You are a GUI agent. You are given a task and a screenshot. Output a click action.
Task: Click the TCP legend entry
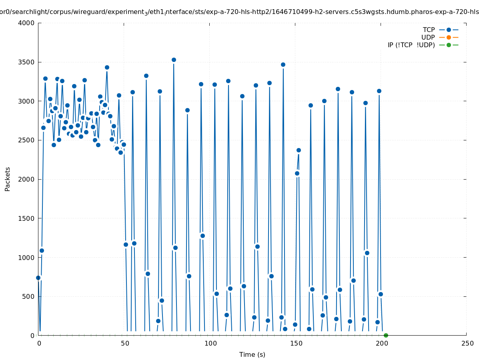tap(429, 30)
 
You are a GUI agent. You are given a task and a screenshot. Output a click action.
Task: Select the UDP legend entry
tap(428, 37)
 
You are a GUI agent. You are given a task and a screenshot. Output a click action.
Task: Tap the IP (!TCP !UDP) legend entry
tap(411, 45)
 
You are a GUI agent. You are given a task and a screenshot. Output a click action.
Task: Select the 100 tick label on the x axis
tap(210, 343)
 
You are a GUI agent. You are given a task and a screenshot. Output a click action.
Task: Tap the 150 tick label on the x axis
tap(296, 343)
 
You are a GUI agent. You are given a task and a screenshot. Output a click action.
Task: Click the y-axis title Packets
tap(8, 179)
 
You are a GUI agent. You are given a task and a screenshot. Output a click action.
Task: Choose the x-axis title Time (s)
tap(252, 354)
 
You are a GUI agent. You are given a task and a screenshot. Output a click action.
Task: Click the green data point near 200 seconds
tap(386, 335)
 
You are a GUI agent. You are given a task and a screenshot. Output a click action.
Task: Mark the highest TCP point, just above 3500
tap(174, 60)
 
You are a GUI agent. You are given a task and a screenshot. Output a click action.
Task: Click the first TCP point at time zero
tap(38, 278)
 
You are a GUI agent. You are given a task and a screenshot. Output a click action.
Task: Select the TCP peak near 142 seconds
tap(283, 64)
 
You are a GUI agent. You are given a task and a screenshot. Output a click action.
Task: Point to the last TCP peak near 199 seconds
tap(379, 91)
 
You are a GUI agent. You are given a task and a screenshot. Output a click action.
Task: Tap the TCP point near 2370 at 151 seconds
tap(299, 150)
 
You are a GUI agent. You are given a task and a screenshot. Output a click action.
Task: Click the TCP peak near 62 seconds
tap(146, 76)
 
